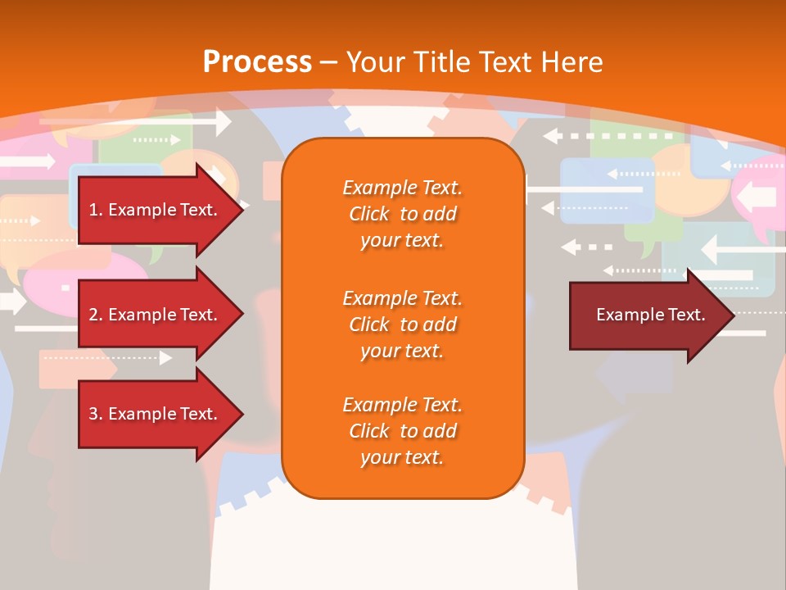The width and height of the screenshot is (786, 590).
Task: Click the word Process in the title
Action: coord(257,62)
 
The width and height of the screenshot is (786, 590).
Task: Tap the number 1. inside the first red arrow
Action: coord(96,210)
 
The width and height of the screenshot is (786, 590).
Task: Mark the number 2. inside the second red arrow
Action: coord(96,315)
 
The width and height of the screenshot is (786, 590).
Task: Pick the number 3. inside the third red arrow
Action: coord(96,414)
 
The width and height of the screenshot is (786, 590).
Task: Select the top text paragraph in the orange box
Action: coord(402,214)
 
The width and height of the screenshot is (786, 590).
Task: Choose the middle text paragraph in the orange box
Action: coord(402,324)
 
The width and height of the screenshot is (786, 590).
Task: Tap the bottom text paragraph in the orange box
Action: coord(402,431)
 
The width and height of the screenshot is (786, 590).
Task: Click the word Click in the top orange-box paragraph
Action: coord(369,214)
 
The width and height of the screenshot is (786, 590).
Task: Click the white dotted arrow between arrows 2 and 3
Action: coord(106,358)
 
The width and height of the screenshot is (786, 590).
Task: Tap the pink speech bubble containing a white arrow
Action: coord(757,197)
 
